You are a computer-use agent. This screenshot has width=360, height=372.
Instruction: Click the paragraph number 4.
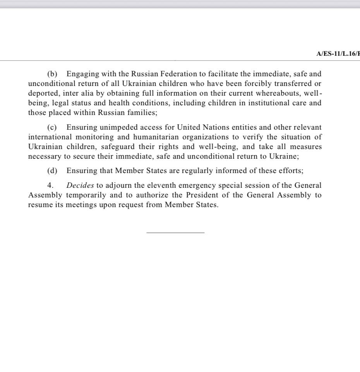pos(50,185)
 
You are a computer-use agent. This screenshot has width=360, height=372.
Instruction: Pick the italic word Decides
pos(80,185)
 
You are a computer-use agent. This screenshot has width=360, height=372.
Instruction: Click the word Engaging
pos(81,74)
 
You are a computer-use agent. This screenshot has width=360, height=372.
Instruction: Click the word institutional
pos(258,103)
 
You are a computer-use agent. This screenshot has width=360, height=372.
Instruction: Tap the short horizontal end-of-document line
pos(175,232)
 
